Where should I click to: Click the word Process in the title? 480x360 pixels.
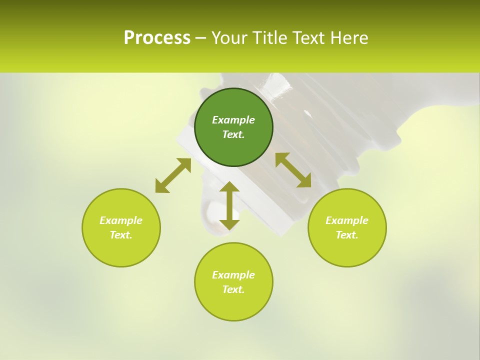click(157, 38)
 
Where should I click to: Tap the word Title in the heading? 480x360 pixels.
click(273, 38)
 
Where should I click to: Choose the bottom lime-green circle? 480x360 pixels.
click(233, 305)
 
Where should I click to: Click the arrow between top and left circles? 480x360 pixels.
click(173, 175)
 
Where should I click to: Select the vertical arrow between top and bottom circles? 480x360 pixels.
click(229, 205)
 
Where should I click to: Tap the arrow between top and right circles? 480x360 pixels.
click(293, 170)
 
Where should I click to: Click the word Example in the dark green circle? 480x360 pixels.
click(233, 120)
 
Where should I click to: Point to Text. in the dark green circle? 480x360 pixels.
click(233, 134)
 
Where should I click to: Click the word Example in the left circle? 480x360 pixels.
click(121, 220)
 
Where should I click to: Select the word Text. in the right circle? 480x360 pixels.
click(347, 235)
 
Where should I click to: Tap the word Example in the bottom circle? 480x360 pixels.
click(233, 275)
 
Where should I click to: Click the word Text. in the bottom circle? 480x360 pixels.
click(233, 289)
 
